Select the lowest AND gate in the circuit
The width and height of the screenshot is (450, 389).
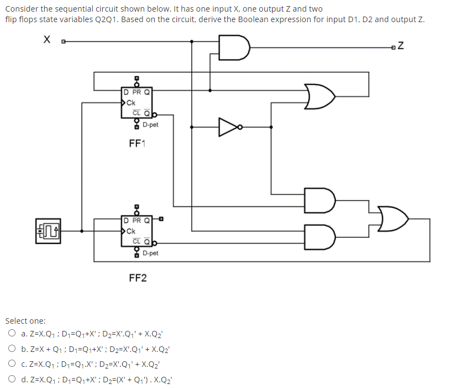[x=321, y=236]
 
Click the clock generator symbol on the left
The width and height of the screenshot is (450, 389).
[x=48, y=230]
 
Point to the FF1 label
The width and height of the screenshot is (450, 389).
[x=137, y=144]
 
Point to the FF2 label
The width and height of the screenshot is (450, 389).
[x=138, y=277]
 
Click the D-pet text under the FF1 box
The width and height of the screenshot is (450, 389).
[x=150, y=125]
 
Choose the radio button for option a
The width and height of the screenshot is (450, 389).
[x=12, y=334]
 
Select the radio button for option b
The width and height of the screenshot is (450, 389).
[x=12, y=349]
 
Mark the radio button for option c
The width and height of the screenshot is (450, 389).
[x=12, y=365]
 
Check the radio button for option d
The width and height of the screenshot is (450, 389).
[x=12, y=380]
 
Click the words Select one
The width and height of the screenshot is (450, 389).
[x=26, y=321]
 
